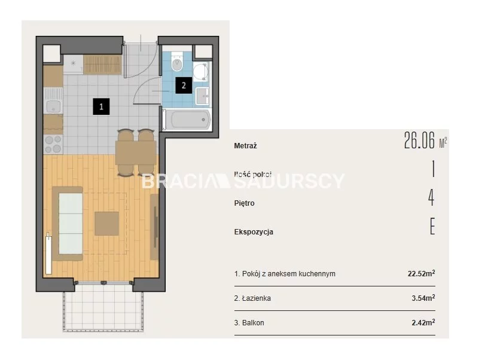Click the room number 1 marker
(101, 106)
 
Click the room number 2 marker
(184, 85)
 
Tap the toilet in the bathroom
(177, 62)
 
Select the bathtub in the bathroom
(187, 120)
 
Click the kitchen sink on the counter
(53, 106)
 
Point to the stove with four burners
(53, 144)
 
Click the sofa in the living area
(68, 223)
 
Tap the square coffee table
(106, 223)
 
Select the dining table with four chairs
(136, 152)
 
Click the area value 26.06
(419, 141)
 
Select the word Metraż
(246, 146)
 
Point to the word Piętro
(245, 203)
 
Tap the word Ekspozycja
(254, 232)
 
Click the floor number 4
(432, 199)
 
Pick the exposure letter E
(432, 227)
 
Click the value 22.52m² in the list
(421, 273)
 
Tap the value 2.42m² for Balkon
(423, 322)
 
